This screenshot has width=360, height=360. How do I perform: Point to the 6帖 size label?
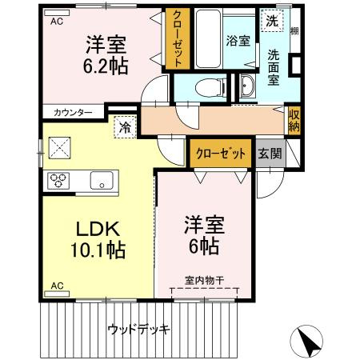coord(204,246)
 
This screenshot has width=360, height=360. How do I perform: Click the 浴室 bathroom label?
coord(237,41)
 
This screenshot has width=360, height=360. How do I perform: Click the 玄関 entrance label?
coord(270,154)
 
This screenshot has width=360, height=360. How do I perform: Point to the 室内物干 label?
coord(205,279)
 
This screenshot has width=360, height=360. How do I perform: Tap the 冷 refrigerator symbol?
coord(125,126)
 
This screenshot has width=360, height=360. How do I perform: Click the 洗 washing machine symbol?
coord(272,22)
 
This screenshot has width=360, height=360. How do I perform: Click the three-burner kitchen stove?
coord(59,178)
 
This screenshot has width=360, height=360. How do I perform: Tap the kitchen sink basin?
coord(102,178)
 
